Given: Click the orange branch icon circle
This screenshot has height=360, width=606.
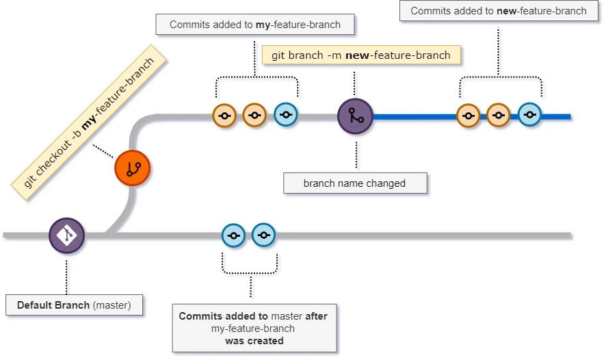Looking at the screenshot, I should pos(132,168).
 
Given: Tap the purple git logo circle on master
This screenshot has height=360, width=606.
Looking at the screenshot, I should pos(66,235).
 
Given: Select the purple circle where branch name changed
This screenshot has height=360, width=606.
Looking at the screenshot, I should pos(355,116).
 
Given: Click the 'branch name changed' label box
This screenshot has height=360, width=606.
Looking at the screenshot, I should pos(355,183).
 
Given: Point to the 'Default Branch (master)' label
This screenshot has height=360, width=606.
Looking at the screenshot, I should pos(74,305).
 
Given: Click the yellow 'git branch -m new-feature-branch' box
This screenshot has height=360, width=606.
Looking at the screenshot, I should pos(361,55).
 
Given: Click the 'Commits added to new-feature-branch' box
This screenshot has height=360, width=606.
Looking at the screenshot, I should pos(498,11).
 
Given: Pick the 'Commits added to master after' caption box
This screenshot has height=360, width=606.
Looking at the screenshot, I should pos(253,328).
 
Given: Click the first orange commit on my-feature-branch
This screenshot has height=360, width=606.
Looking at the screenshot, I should pos(224,116).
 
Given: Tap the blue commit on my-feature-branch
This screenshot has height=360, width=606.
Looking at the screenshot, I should pos(285,115).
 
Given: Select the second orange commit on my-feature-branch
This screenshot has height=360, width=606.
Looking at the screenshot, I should pos(254,116).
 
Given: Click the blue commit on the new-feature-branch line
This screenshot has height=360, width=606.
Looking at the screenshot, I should pos(529,115).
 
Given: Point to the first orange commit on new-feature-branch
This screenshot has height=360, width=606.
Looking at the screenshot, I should pos(468,116).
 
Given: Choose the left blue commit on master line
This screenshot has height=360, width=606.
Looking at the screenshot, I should pos(233,235).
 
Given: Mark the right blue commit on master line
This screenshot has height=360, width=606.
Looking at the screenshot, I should pos(263,235).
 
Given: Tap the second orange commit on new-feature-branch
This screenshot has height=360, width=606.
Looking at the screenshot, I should pos(498,116).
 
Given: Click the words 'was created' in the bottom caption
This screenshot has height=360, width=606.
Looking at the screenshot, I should pos(254,341).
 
